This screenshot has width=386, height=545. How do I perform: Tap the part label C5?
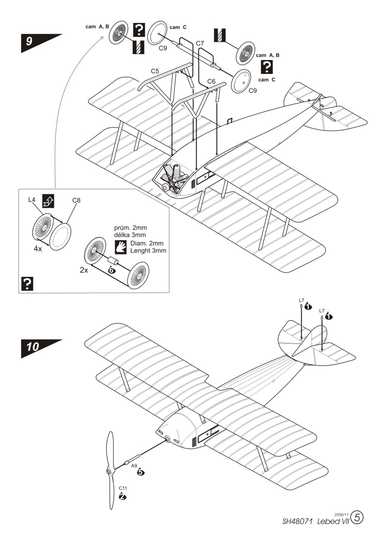pyautogui.click(x=155, y=71)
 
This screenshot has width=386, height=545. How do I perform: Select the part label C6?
pyautogui.click(x=211, y=81)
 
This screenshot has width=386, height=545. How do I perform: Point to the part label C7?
pyautogui.click(x=200, y=43)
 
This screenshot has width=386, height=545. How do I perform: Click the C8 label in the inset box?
pyautogui.click(x=76, y=200)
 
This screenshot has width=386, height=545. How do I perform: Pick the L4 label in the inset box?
pyautogui.click(x=32, y=200)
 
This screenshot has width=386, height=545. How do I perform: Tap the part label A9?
pyautogui.click(x=134, y=466)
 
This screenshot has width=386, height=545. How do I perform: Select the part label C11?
pyautogui.click(x=123, y=488)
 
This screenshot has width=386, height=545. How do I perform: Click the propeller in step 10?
pyautogui.click(x=110, y=471)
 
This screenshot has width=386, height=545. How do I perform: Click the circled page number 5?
pyautogui.click(x=358, y=517)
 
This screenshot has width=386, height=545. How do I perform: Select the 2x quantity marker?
pyautogui.click(x=84, y=270)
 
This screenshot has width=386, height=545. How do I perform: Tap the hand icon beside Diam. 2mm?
pyautogui.click(x=121, y=247)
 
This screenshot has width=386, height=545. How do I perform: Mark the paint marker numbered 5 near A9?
pyautogui.click(x=140, y=472)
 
